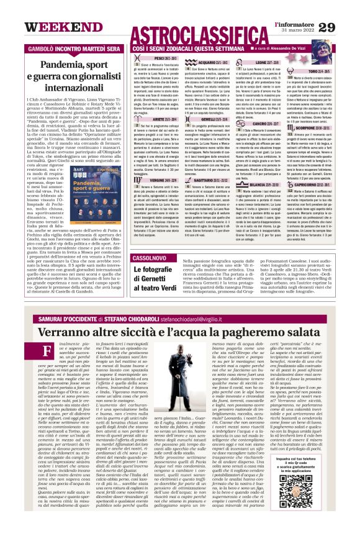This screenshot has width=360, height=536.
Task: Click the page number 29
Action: point(344,27)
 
